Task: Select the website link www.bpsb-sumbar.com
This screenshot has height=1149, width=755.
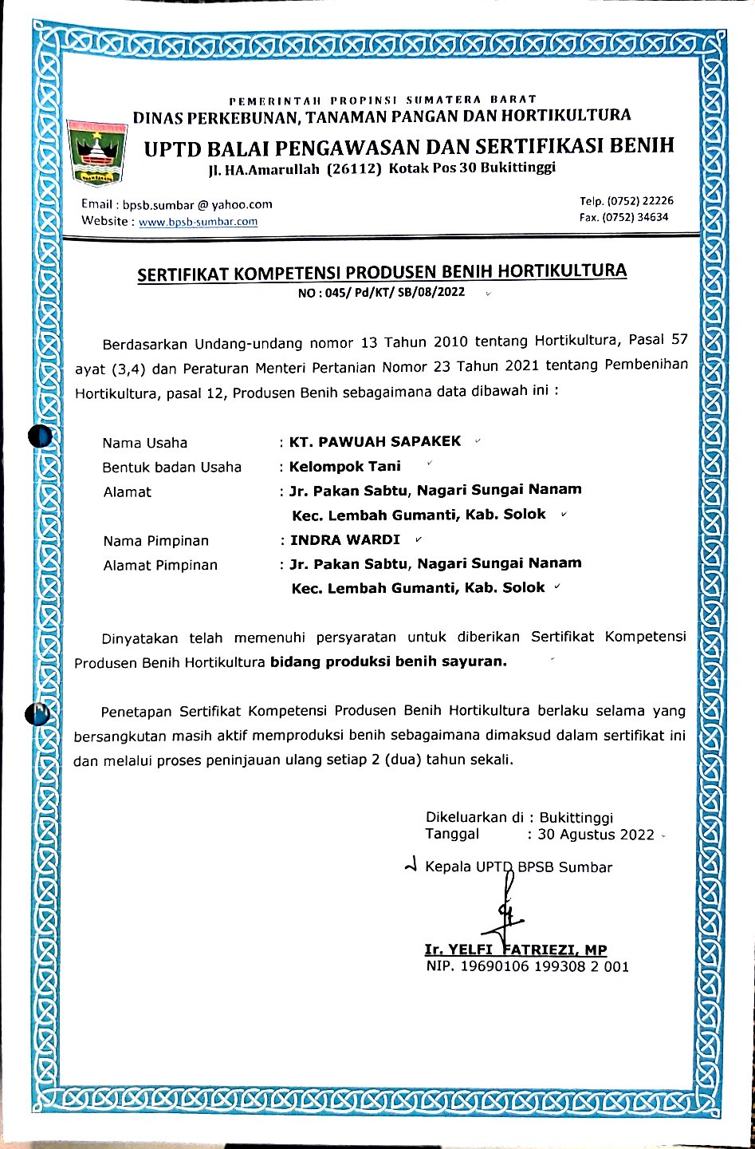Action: click(198, 222)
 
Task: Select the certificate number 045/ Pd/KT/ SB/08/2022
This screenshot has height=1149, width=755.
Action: click(392, 293)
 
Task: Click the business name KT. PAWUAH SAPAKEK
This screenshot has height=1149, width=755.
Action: click(376, 441)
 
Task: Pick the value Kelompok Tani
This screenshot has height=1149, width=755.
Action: click(345, 466)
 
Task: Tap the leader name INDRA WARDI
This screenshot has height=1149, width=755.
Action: click(345, 540)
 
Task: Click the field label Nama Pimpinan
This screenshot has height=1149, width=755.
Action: click(156, 541)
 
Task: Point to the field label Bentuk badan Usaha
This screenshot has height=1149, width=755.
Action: click(171, 468)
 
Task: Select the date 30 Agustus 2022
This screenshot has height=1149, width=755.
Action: click(596, 835)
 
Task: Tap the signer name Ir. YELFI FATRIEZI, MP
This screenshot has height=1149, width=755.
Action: click(516, 950)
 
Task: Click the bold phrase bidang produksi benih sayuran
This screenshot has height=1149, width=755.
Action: click(388, 661)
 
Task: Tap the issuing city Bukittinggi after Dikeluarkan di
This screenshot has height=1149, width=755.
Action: click(576, 818)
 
